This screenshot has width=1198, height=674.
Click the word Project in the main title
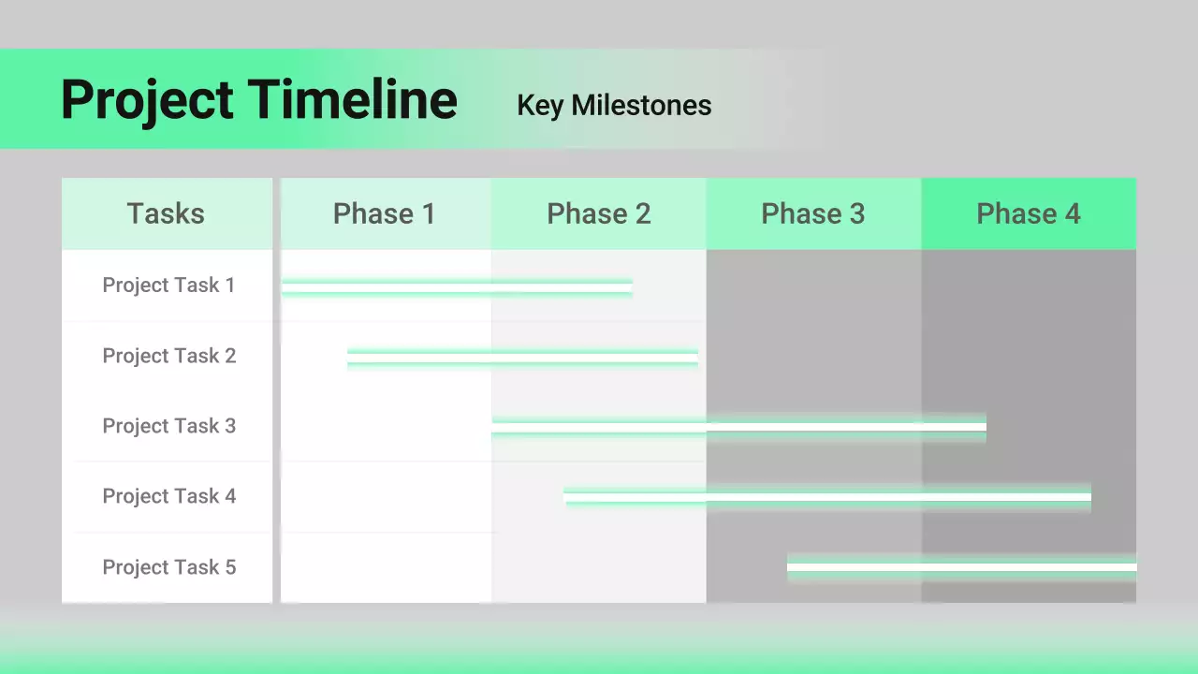tap(147, 100)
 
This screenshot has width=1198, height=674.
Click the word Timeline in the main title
tap(353, 98)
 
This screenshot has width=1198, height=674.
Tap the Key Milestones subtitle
tap(614, 106)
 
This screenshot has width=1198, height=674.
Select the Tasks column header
tap(166, 213)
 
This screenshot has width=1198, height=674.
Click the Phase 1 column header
tap(385, 214)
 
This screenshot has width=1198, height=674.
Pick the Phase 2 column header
tap(599, 214)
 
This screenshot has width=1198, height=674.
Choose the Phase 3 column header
tap(813, 214)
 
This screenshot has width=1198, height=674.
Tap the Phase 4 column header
tap(1029, 214)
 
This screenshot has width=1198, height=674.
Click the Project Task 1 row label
tap(168, 286)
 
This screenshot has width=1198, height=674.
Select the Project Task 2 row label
tap(169, 356)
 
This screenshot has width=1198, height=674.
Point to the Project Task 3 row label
tap(169, 426)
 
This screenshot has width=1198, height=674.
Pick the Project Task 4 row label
tap(169, 496)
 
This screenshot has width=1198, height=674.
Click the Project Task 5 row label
tap(169, 567)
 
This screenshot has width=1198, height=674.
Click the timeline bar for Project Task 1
tap(458, 287)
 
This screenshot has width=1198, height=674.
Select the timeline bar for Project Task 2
tap(522, 358)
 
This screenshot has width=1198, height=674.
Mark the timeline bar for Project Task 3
tap(739, 427)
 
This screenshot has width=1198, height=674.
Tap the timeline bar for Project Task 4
tap(827, 497)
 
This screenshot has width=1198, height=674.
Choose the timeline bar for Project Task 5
tap(961, 567)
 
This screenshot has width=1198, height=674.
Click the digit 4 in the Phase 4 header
tap(1073, 214)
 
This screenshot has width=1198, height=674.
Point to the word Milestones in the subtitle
tap(641, 106)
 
